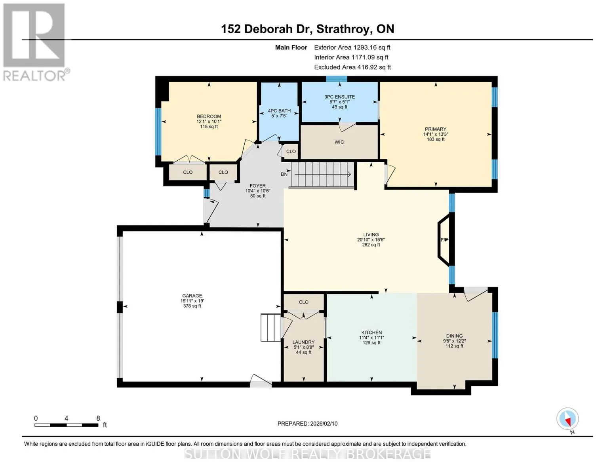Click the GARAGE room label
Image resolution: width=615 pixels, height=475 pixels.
(192, 296)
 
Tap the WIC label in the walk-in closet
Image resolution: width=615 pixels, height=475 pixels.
(339, 142)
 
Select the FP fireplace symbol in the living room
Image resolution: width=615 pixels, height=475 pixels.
(444, 240)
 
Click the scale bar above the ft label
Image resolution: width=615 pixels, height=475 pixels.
(67, 425)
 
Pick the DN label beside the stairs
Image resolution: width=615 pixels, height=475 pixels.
(284, 174)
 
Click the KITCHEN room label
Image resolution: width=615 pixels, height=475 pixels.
(371, 333)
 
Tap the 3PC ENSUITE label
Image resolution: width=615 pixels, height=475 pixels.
(339, 97)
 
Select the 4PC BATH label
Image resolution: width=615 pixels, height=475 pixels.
(279, 110)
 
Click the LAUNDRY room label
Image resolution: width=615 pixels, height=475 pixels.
(303, 342)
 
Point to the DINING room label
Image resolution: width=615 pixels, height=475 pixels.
(454, 336)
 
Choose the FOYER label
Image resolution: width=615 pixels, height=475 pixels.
(257, 186)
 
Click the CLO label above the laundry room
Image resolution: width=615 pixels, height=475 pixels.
(304, 302)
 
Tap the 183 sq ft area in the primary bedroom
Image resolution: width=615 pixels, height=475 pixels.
(436, 139)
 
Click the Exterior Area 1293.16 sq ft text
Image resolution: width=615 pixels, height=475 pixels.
(352, 47)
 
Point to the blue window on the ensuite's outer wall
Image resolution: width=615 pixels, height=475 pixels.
(337, 79)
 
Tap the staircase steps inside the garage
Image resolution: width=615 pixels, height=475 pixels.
(270, 327)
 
